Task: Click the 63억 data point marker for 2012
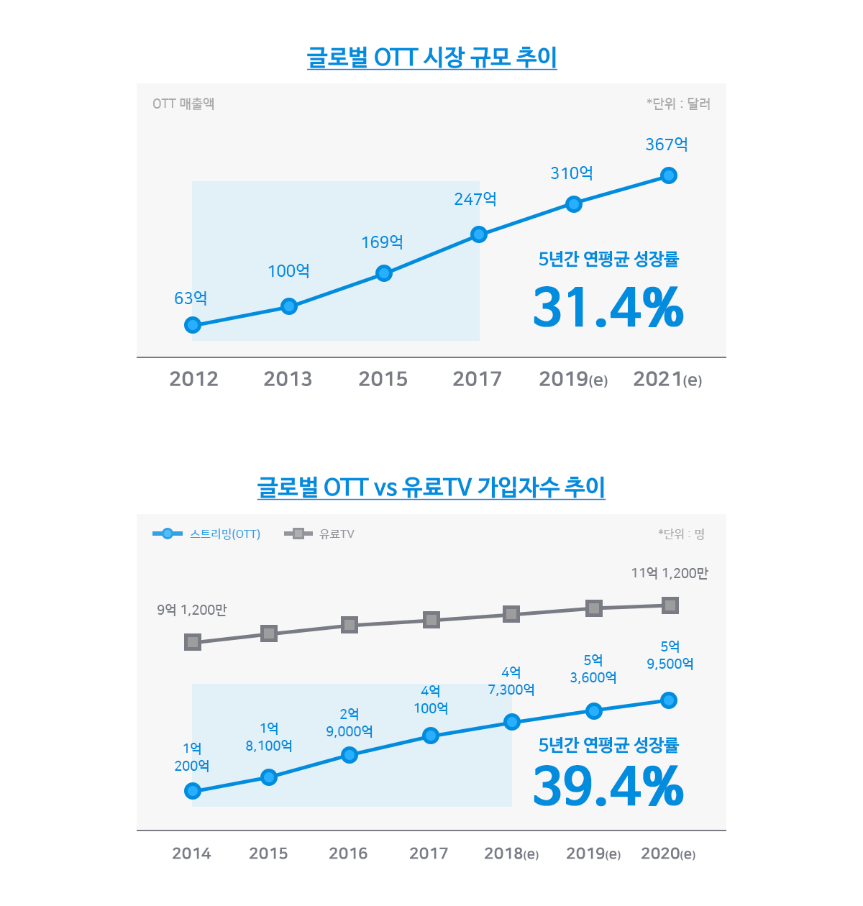click(193, 325)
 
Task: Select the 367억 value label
click(667, 145)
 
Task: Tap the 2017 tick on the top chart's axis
click(477, 379)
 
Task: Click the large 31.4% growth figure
click(608, 308)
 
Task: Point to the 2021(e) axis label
click(667, 379)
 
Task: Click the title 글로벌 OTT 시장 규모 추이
click(431, 57)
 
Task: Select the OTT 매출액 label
click(183, 104)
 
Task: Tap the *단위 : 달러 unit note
click(678, 104)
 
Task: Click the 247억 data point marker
click(479, 234)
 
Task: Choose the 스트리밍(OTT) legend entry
click(207, 534)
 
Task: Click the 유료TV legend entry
click(320, 534)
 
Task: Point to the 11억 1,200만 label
click(670, 573)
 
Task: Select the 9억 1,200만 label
click(192, 610)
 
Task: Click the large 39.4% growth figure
click(608, 786)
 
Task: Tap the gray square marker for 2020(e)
click(670, 605)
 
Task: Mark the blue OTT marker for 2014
click(193, 791)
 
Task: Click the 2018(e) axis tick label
click(511, 854)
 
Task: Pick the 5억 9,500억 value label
click(670, 655)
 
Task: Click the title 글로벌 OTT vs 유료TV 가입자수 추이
click(431, 487)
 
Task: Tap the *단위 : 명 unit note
click(681, 534)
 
